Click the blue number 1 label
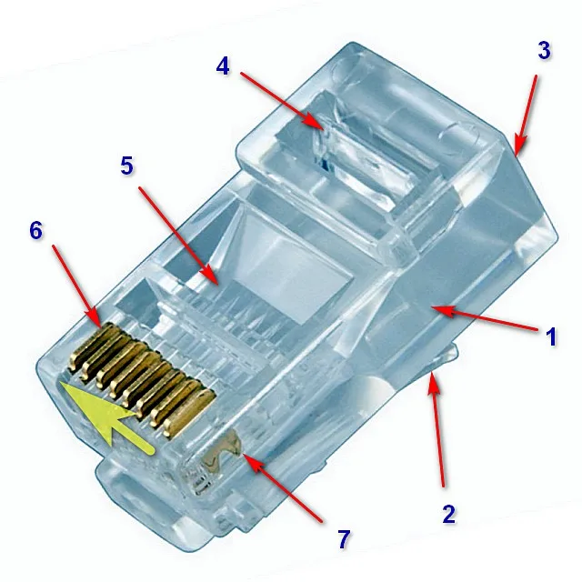(x=552, y=337)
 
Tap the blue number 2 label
(x=448, y=514)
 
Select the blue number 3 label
(x=544, y=50)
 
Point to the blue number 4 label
(x=223, y=66)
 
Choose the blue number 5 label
(x=126, y=166)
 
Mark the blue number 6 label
(x=35, y=230)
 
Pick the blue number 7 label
(x=344, y=539)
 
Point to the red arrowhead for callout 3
(x=519, y=145)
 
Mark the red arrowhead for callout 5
(x=210, y=276)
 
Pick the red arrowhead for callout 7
(x=253, y=462)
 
